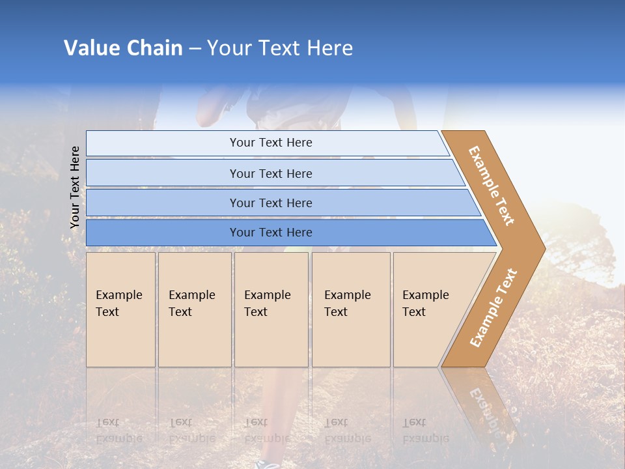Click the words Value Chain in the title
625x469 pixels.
click(123, 48)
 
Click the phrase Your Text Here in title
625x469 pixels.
click(280, 48)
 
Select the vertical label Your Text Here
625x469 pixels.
click(75, 188)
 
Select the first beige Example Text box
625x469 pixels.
click(120, 309)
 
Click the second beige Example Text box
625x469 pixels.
click(194, 309)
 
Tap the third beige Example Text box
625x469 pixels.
click(270, 309)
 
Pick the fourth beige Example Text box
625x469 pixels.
click(350, 309)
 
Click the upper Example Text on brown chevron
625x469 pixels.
click(492, 186)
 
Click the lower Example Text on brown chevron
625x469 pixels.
click(493, 307)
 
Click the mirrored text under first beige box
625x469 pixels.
click(118, 431)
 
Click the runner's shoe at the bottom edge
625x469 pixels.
click(268, 464)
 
